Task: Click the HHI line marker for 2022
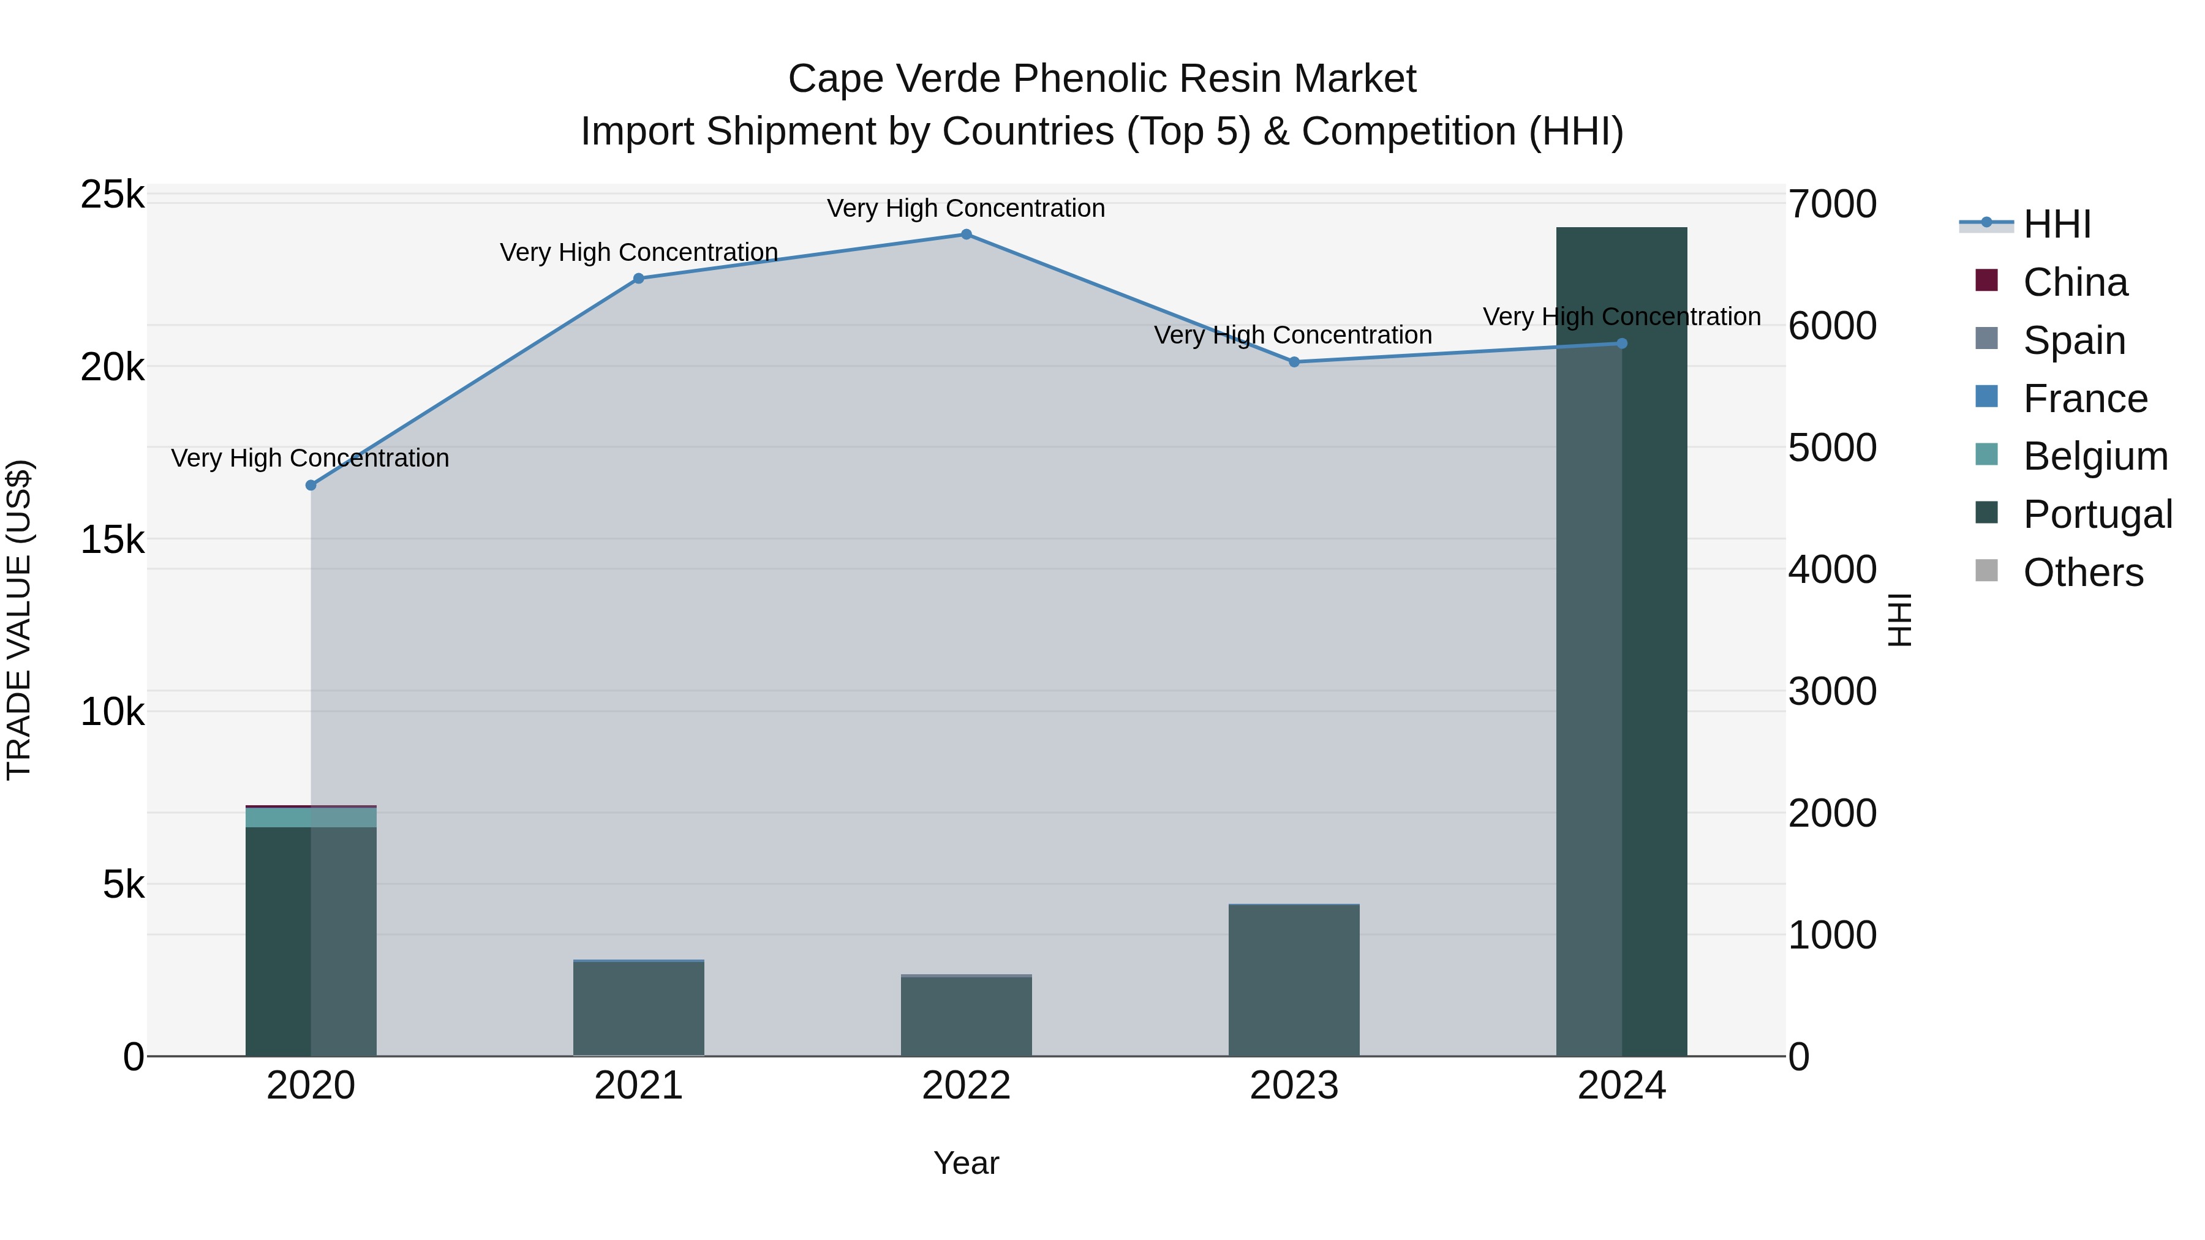pos(967,235)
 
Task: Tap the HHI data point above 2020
pos(311,485)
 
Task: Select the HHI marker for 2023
pos(1294,362)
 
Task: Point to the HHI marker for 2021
pos(639,278)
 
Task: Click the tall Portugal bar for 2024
pos(1621,642)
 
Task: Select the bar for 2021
pos(639,1010)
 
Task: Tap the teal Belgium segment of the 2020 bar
pos(311,817)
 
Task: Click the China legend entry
pos(2075,282)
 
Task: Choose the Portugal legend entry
pos(2097,514)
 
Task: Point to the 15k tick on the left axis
pos(112,540)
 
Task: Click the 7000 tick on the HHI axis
pos(1832,205)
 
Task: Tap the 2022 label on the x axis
pos(967,1086)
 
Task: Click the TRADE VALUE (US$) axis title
pos(20,620)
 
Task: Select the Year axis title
pos(967,1163)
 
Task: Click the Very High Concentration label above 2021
pos(639,252)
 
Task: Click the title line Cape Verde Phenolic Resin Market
pos(1102,79)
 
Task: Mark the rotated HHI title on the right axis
pos(1899,620)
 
